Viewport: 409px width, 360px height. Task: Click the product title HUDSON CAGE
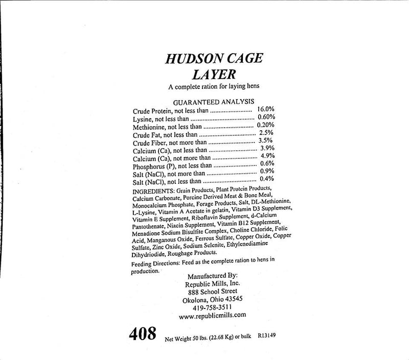214,58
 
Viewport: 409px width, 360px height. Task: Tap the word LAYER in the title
213,75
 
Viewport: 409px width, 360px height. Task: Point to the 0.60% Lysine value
266,118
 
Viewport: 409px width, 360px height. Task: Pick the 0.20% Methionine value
266,125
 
